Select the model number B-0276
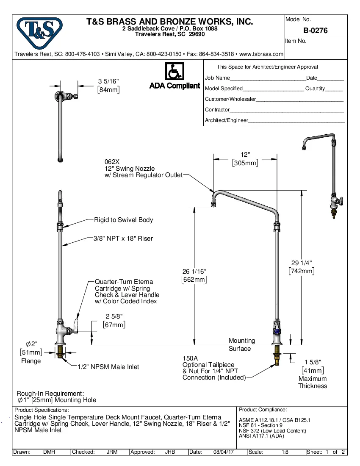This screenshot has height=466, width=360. tap(315, 31)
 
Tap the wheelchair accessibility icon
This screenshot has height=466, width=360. tap(174, 72)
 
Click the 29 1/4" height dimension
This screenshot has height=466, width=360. tap(302, 266)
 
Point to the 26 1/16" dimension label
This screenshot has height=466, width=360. tap(194, 275)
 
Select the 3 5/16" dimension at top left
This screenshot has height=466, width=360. tap(108, 85)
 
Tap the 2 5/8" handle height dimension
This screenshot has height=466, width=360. tap(114, 320)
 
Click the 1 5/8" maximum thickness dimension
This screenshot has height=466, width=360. tap(313, 366)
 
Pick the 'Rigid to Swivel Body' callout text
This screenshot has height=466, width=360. tap(123, 220)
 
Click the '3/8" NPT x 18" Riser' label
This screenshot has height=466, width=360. tap(123, 239)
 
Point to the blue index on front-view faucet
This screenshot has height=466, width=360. tap(277, 332)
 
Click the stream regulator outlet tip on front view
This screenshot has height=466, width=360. tap(214, 205)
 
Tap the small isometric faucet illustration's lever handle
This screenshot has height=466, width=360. tap(339, 200)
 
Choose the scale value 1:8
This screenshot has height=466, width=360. tap(285, 452)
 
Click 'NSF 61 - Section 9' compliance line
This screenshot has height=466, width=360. tap(260, 425)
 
